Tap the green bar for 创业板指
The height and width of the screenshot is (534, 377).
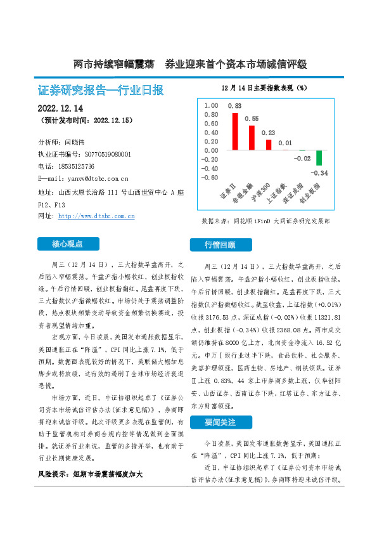[319, 158]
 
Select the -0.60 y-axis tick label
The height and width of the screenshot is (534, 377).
[210, 178]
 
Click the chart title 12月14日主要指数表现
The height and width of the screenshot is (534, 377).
[264, 88]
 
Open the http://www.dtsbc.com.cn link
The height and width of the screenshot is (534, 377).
[96, 216]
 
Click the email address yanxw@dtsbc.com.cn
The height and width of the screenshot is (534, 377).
[93, 179]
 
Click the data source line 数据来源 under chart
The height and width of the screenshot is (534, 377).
[265, 221]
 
